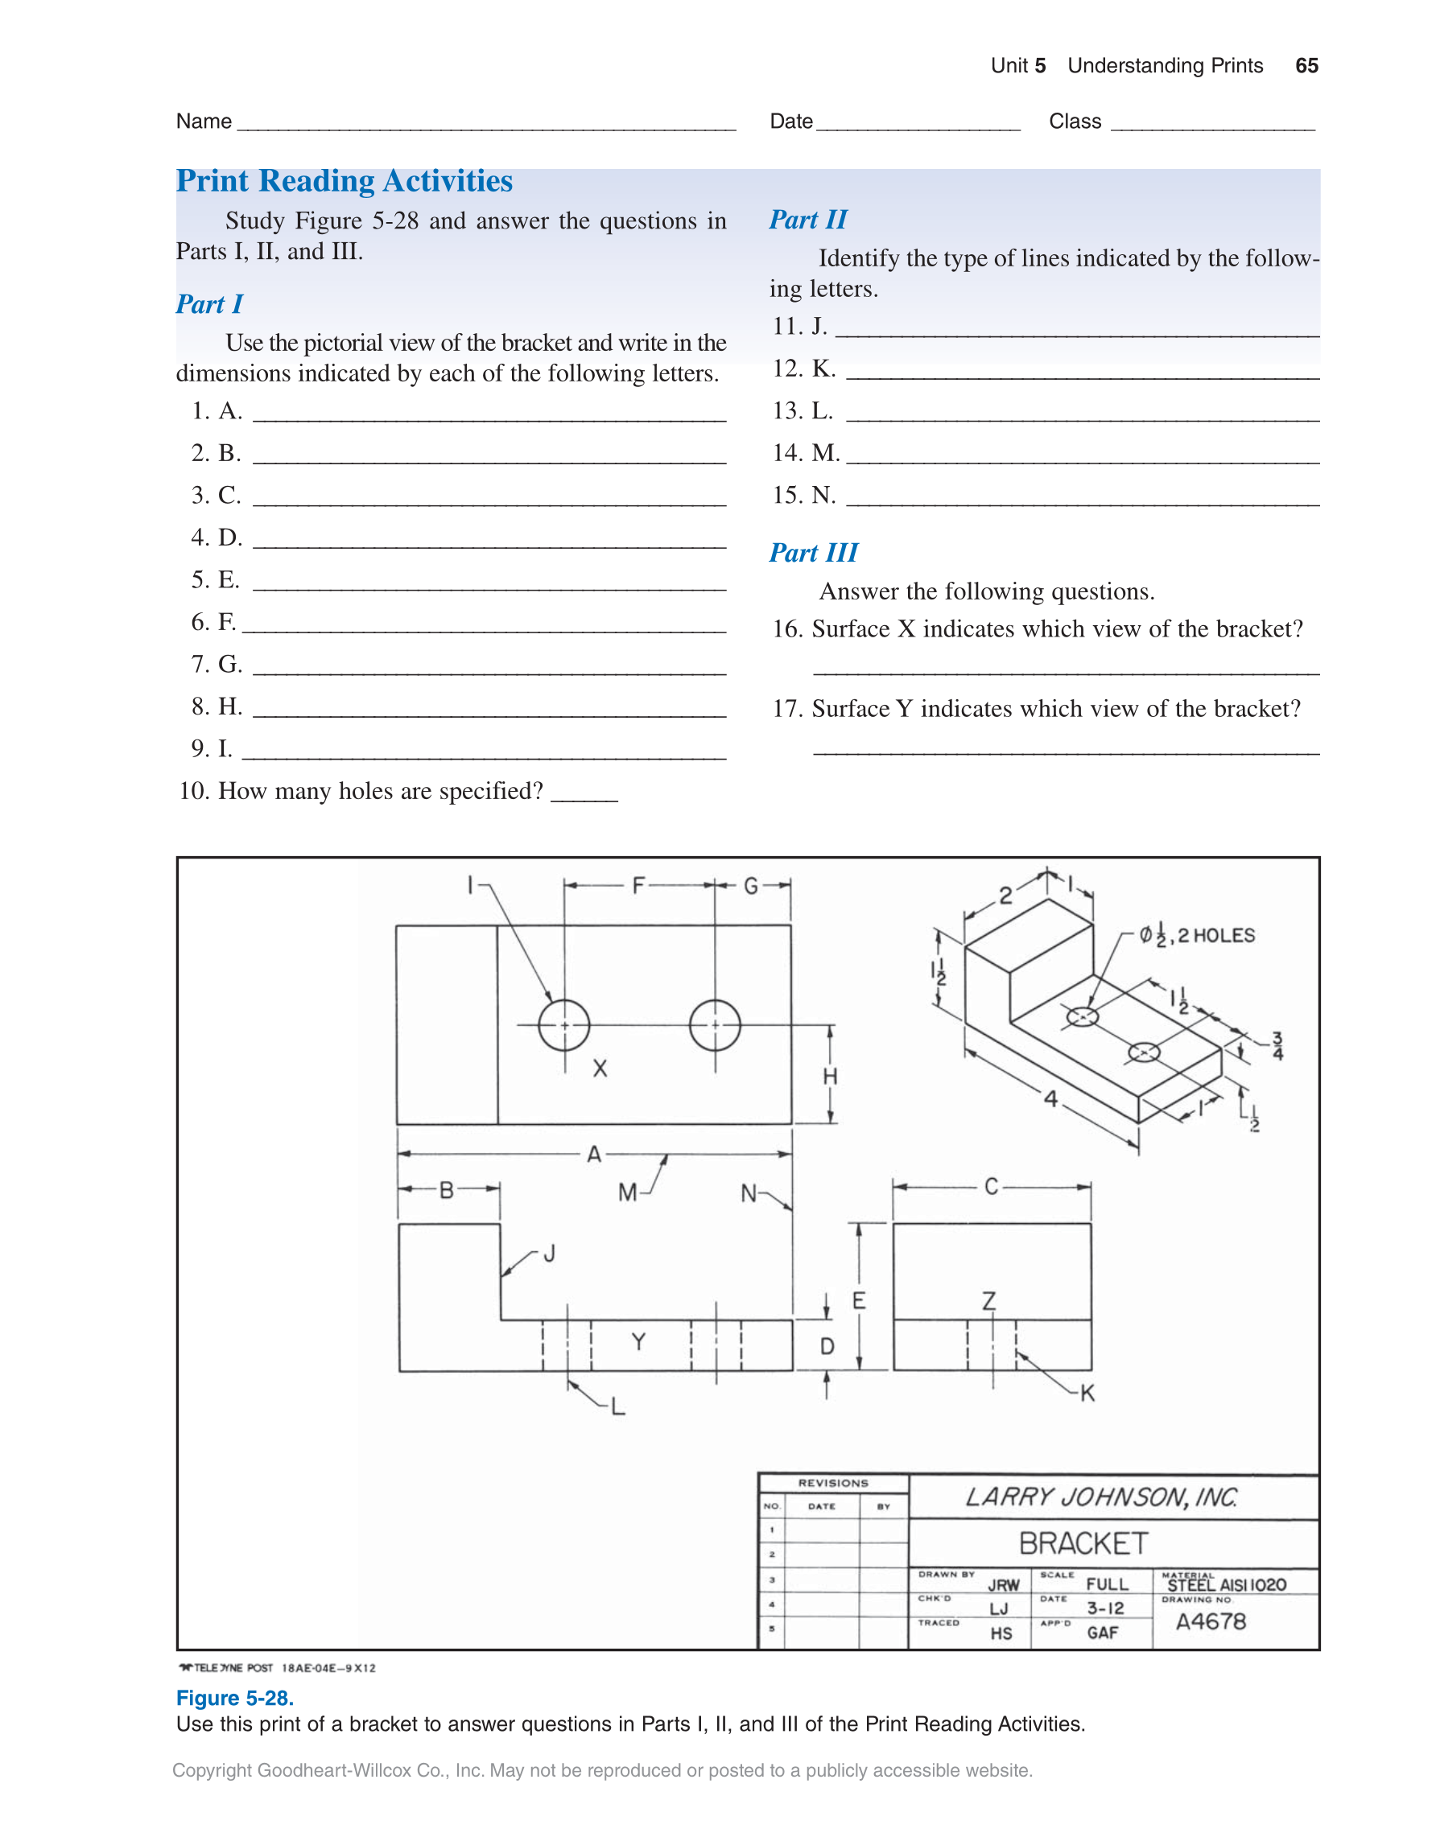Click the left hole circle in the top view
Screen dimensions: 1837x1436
point(563,1024)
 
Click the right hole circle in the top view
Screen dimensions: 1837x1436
point(715,1024)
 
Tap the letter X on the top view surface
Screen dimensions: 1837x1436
point(600,1069)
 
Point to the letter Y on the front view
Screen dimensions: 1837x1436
point(638,1341)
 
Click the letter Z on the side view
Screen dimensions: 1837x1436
point(989,1301)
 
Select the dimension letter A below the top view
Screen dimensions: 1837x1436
point(594,1154)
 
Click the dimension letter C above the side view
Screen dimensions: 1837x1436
point(991,1187)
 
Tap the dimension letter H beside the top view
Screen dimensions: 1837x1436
point(831,1076)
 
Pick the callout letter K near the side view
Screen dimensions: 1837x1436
point(1087,1394)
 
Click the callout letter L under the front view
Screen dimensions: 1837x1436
point(618,1407)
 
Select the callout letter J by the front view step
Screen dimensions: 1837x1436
point(549,1254)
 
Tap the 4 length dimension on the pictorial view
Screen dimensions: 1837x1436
point(1050,1098)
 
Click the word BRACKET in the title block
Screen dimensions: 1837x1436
point(1083,1543)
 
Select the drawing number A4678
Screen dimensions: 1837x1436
point(1211,1621)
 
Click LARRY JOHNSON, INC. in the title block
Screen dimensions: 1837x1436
point(1101,1497)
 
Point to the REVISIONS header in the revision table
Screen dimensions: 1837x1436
point(833,1483)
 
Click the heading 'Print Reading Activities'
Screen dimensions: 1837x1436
point(344,181)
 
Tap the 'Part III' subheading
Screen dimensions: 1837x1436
point(814,553)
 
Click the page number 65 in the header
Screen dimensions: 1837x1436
point(1306,66)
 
